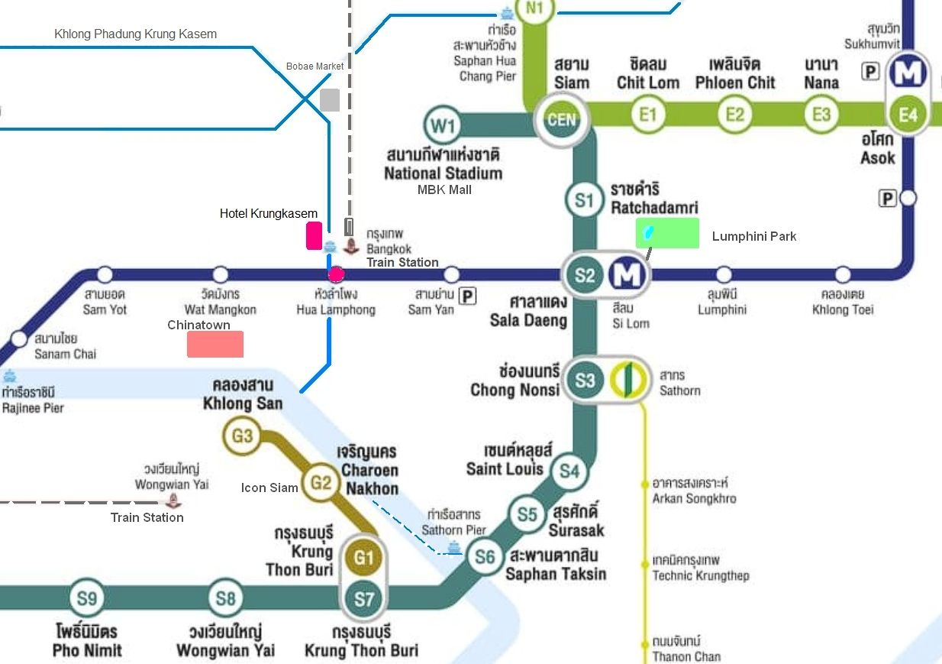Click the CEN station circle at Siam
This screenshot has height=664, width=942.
pyautogui.click(x=562, y=119)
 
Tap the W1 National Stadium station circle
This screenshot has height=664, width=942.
pyautogui.click(x=443, y=125)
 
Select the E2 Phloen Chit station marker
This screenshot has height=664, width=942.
pyautogui.click(x=734, y=115)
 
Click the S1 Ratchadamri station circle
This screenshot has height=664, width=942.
pyautogui.click(x=584, y=200)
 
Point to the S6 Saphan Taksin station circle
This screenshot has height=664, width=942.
pyautogui.click(x=485, y=557)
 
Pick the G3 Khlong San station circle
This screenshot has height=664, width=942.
pyautogui.click(x=242, y=436)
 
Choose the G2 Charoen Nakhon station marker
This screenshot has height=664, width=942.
pyautogui.click(x=321, y=482)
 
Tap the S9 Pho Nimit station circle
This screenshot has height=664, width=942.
pyautogui.click(x=86, y=598)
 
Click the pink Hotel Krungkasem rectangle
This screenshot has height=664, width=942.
pyautogui.click(x=315, y=236)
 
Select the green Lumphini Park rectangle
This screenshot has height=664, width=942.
pyautogui.click(x=667, y=233)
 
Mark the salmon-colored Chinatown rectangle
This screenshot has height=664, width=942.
pyautogui.click(x=215, y=344)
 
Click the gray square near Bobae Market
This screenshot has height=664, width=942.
pyautogui.click(x=330, y=100)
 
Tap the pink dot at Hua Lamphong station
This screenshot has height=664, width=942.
pyautogui.click(x=336, y=274)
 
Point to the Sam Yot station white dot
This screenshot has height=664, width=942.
pyautogui.click(x=105, y=274)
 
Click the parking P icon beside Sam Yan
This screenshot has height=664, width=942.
pyautogui.click(x=467, y=296)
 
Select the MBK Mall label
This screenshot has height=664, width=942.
pyautogui.click(x=444, y=190)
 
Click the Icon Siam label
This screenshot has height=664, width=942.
pyautogui.click(x=269, y=487)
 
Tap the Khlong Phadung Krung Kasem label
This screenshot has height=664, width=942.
pyautogui.click(x=135, y=34)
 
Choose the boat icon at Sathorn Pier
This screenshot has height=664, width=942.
pyautogui.click(x=453, y=548)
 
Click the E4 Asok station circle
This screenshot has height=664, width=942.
pyautogui.click(x=908, y=115)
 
